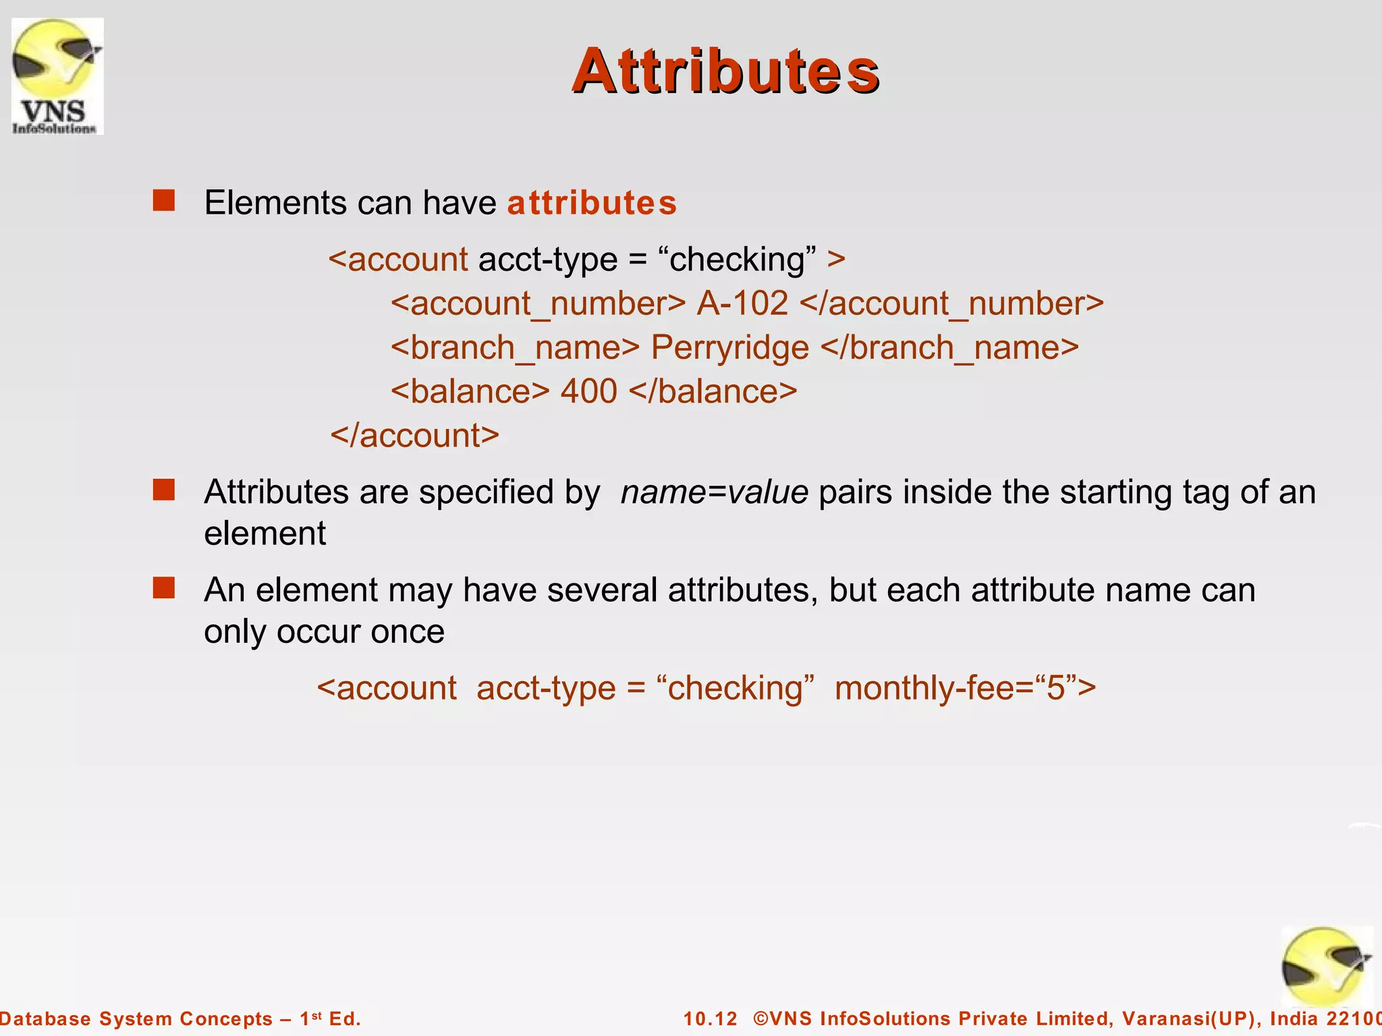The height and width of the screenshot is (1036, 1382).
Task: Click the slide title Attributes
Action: (725, 71)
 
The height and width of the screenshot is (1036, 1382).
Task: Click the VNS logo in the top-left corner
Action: (57, 76)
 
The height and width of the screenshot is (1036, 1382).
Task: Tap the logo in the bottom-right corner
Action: (1326, 967)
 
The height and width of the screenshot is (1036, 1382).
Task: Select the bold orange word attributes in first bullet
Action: (592, 203)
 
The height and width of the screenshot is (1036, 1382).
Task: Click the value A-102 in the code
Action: (742, 304)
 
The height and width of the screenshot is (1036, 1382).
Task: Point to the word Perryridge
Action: (729, 348)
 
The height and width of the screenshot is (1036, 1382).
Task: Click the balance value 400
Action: (588, 392)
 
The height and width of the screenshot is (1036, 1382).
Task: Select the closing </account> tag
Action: (414, 436)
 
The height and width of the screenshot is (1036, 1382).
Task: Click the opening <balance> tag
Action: (470, 392)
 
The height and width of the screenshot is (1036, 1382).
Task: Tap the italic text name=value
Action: (714, 492)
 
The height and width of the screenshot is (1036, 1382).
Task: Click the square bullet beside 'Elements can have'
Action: (164, 201)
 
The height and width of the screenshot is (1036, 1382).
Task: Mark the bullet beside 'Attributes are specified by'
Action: (164, 490)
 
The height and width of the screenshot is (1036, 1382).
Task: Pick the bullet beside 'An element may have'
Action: (164, 588)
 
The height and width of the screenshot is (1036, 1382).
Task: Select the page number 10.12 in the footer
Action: (710, 1018)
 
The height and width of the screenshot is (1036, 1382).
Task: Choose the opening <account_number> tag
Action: (538, 304)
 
